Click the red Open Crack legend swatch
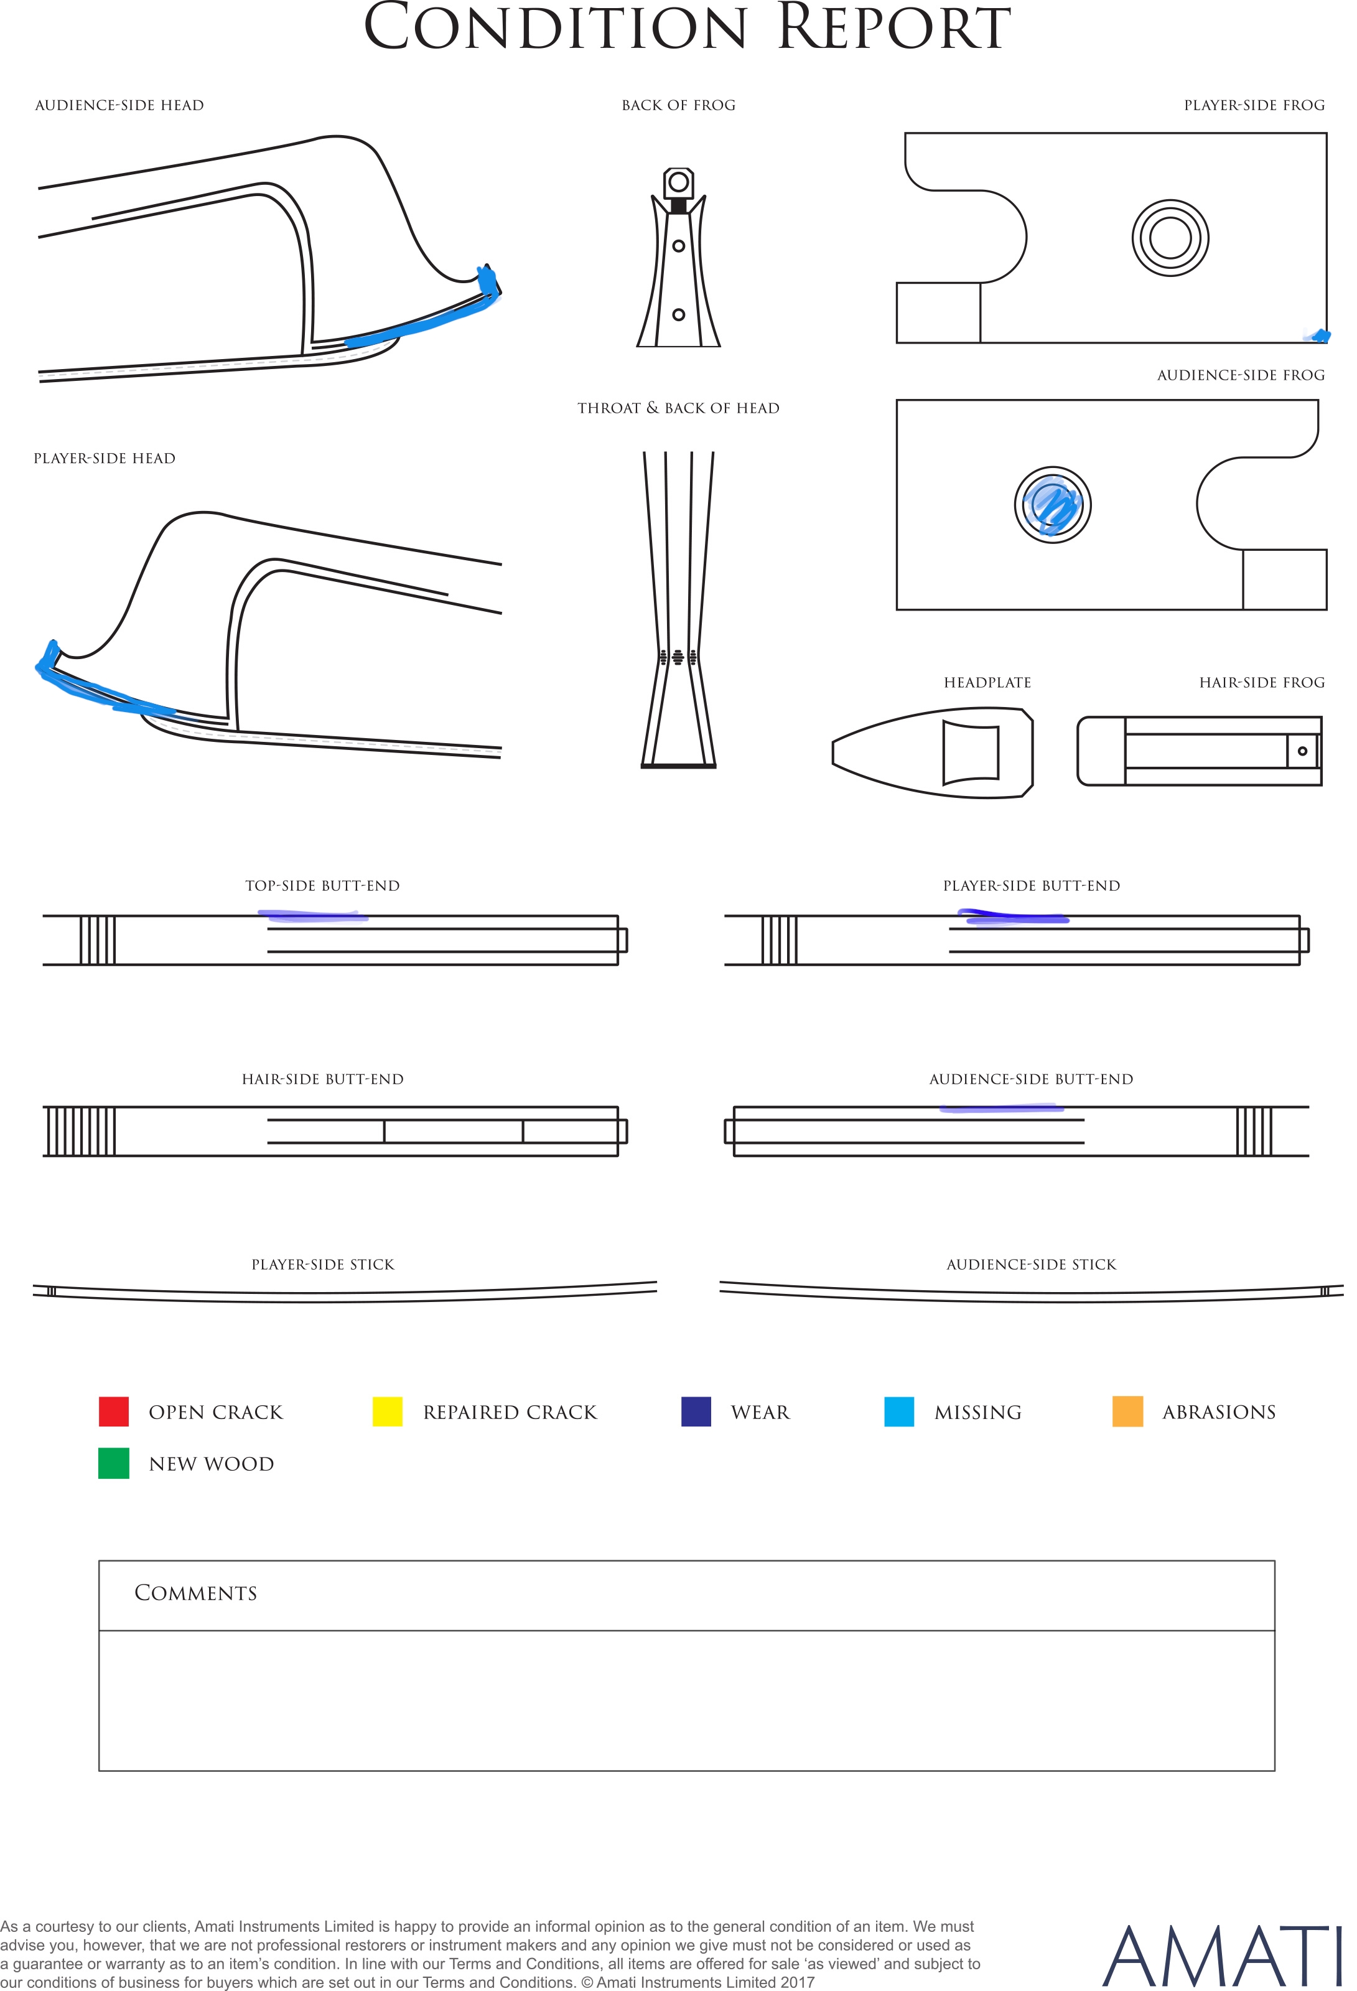click(x=114, y=1411)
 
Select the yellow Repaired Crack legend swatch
click(x=387, y=1411)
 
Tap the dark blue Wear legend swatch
click(x=696, y=1411)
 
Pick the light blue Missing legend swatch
click(x=898, y=1411)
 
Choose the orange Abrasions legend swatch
click(x=1127, y=1411)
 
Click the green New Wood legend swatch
click(x=114, y=1463)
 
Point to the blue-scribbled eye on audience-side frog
click(x=1052, y=505)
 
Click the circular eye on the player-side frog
click(x=1170, y=237)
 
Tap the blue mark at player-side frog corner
click(x=1318, y=335)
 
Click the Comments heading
click(x=195, y=1593)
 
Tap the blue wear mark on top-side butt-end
click(x=314, y=916)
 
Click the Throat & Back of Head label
click(x=678, y=408)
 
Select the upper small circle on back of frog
click(x=678, y=246)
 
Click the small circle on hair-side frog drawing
click(x=1302, y=751)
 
